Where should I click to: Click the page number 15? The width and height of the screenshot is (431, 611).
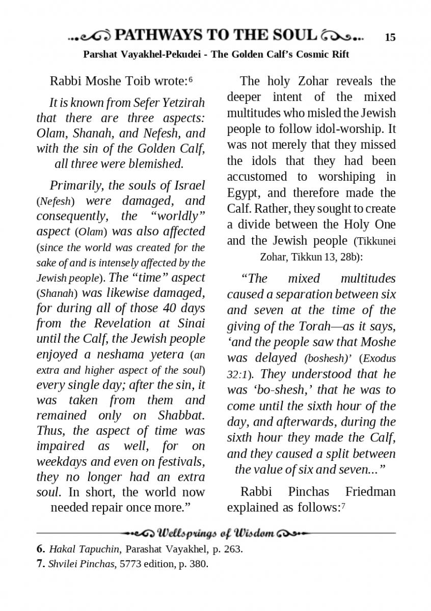click(x=390, y=37)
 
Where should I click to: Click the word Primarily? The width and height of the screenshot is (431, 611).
click(x=76, y=185)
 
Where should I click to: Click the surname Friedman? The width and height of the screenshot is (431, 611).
click(x=370, y=492)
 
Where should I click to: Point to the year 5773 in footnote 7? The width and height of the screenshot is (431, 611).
click(x=131, y=564)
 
